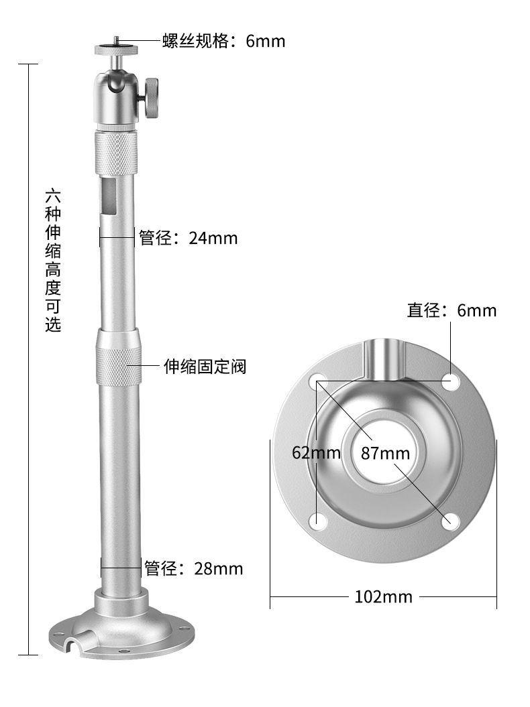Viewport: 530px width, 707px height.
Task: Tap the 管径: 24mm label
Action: (x=188, y=238)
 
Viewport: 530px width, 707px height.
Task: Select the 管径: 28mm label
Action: (x=194, y=569)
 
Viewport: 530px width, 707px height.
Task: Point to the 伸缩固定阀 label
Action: (x=205, y=367)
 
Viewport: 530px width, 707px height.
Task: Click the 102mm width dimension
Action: (x=383, y=596)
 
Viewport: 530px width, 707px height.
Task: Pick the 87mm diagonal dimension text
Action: (x=385, y=453)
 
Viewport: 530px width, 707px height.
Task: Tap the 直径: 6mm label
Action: (x=452, y=310)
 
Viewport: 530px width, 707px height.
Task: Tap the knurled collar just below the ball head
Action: (x=116, y=153)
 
